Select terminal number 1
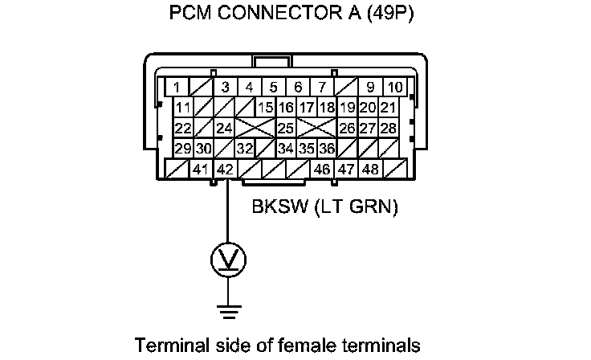pos(177,87)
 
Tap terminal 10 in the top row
pos(394,87)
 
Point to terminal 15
pos(266,108)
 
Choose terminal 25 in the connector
pos(285,129)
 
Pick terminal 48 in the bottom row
pos(370,170)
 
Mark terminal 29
pos(182,149)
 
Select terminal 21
pos(388,108)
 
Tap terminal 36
pos(326,149)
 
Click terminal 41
pos(201,170)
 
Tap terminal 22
pos(182,129)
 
